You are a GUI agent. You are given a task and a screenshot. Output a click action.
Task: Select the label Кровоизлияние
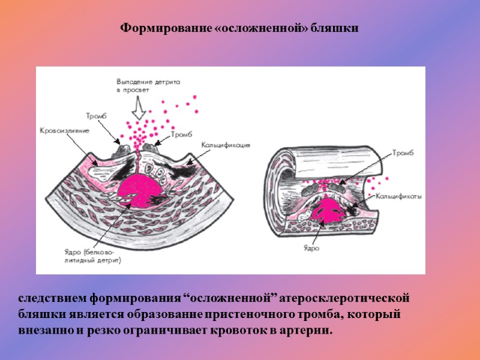[x=65, y=130]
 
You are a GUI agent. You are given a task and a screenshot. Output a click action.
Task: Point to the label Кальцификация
[x=226, y=145]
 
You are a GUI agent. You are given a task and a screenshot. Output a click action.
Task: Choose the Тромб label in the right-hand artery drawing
[x=404, y=153]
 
